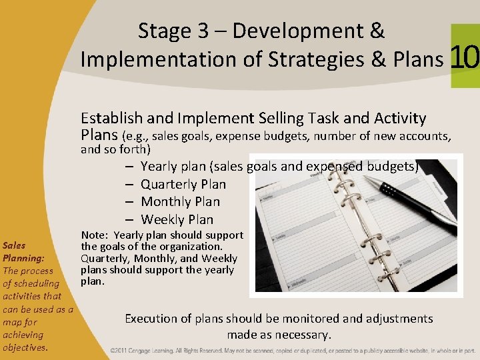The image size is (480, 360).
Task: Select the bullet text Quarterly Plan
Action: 183,184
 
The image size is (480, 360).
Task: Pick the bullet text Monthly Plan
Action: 180,201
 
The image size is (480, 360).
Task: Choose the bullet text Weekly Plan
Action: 177,219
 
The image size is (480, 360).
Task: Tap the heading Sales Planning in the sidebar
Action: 23,251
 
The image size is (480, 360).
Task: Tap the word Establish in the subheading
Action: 111,119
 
